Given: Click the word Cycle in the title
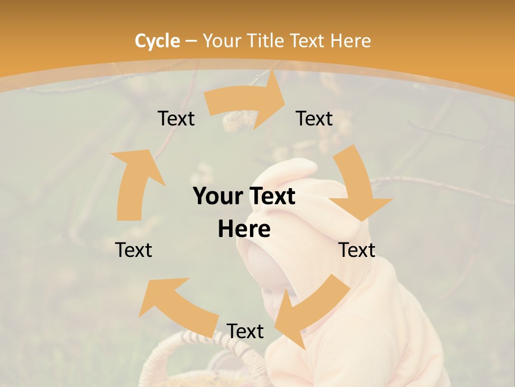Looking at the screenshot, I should click(157, 41).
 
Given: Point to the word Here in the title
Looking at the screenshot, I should click(351, 41).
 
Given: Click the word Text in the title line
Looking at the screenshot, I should click(308, 41).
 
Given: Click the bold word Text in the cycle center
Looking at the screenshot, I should click(271, 197).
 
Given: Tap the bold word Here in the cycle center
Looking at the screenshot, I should click(244, 230).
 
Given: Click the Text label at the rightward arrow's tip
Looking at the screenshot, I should click(314, 118).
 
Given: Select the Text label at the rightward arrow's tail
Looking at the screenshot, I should click(176, 118).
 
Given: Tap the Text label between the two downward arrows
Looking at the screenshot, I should click(357, 250).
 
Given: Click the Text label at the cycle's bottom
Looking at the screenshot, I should click(245, 331).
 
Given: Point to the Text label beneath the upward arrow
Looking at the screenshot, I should click(134, 250).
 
